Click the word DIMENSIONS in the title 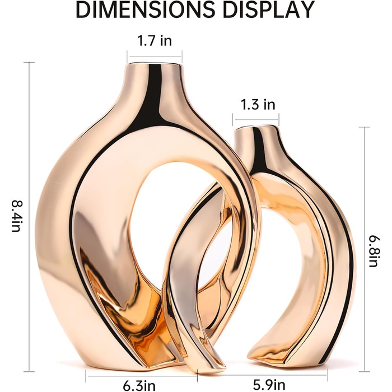click(x=145, y=10)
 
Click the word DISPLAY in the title click(x=269, y=10)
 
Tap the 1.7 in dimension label click(x=155, y=41)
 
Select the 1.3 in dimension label click(x=258, y=104)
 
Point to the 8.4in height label click(x=17, y=216)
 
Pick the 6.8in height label click(x=374, y=251)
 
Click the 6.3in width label click(x=139, y=385)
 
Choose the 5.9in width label click(x=269, y=385)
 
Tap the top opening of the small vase click(x=256, y=128)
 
